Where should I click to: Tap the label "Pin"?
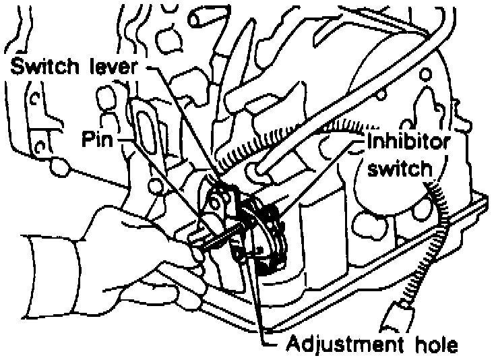point(96,140)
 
